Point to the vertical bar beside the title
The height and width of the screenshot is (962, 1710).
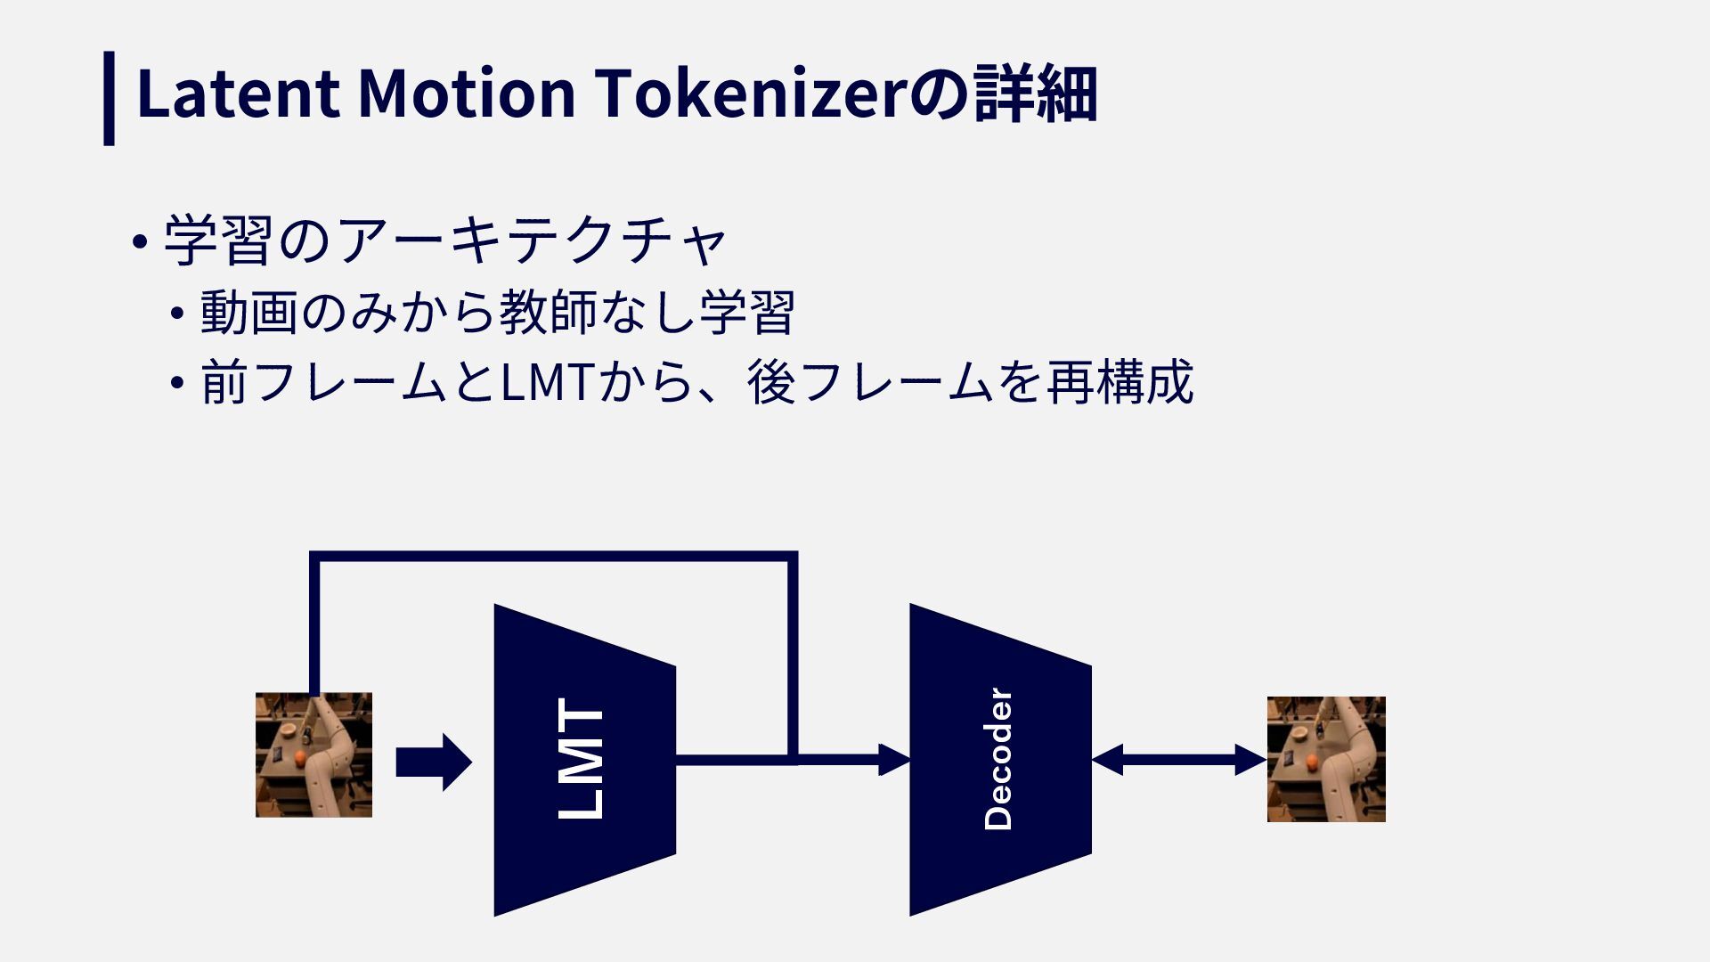tap(109, 98)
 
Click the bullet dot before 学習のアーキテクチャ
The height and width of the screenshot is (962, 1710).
tap(138, 241)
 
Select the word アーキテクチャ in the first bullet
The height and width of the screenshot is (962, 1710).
tap(533, 240)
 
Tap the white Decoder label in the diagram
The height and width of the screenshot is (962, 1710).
tap(998, 759)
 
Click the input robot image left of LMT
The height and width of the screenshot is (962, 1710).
tap(313, 754)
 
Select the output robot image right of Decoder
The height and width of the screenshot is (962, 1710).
tap(1326, 759)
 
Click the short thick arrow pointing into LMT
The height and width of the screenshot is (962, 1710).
tap(433, 762)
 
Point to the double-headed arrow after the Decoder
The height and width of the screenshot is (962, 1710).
tap(1178, 760)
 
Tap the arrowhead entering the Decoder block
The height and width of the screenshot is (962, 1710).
tap(894, 760)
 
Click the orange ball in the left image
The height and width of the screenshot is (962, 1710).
tap(302, 757)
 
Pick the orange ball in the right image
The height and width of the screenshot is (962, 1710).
tap(1311, 762)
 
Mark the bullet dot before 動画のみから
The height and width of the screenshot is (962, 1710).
tap(178, 314)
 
